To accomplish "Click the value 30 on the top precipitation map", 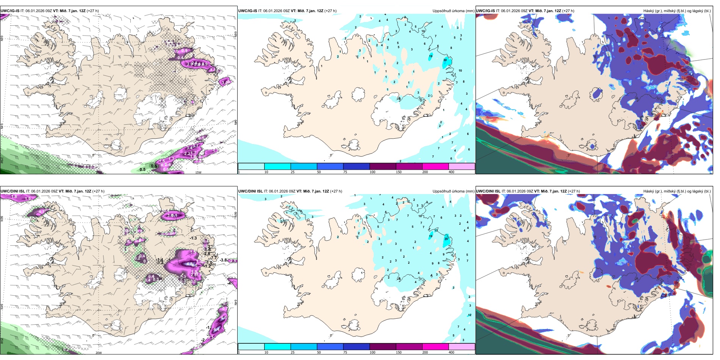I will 445,60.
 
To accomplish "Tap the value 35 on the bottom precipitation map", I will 446,239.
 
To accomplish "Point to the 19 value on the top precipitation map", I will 430,56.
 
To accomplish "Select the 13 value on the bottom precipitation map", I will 436,230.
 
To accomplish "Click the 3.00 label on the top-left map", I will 225,82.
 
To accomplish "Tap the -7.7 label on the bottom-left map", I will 214,258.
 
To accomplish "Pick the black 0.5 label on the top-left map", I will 142,169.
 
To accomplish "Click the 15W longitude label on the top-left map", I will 198,172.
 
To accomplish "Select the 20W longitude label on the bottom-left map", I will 99,353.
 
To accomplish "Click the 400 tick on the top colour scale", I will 451,172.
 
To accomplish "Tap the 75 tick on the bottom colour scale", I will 345,352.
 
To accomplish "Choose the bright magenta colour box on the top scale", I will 435,166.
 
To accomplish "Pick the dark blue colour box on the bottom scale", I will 356,347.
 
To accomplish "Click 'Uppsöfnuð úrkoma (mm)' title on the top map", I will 453,11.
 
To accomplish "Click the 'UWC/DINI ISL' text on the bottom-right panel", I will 488,191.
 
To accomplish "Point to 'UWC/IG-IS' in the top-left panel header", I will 10,11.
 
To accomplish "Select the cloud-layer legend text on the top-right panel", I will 677,11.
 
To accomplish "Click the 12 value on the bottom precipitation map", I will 470,315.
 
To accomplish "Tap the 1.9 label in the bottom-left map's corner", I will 28,199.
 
